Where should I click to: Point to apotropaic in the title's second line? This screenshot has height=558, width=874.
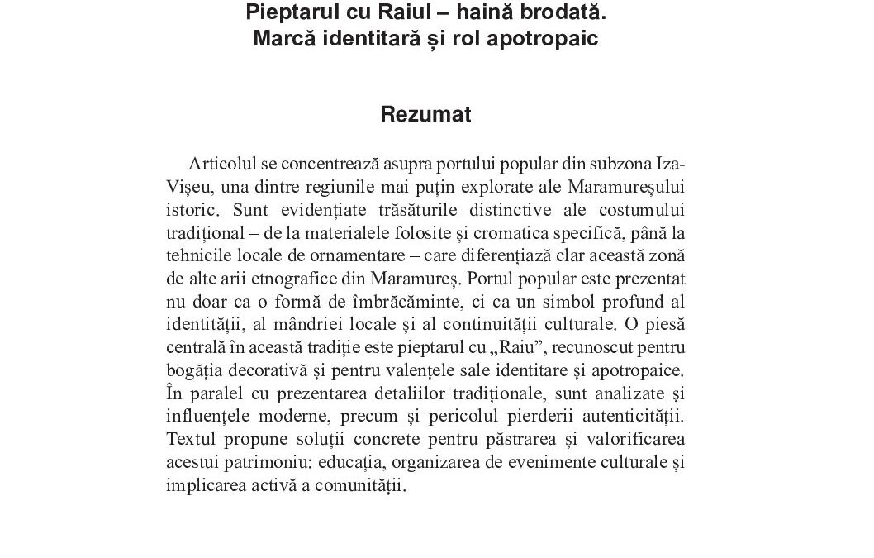556,39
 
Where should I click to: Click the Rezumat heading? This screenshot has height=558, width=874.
425,115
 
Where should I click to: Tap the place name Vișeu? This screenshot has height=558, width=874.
189,185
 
